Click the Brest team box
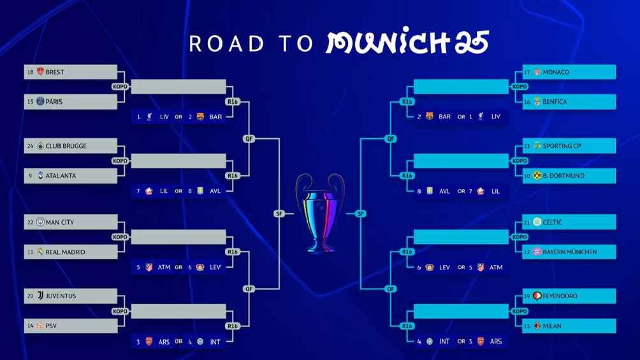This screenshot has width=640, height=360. pyautogui.click(x=71, y=72)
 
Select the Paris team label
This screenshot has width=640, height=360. pyautogui.click(x=71, y=101)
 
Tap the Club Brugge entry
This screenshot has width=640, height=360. pyautogui.click(x=71, y=146)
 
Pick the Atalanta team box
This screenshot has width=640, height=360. pyautogui.click(x=71, y=175)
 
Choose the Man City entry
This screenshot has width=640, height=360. pyautogui.click(x=71, y=222)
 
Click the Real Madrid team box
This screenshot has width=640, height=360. pyautogui.click(x=71, y=252)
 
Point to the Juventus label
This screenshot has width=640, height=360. pyautogui.click(x=71, y=296)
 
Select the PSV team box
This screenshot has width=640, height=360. pyautogui.click(x=71, y=326)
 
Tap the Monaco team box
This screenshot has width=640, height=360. pyautogui.click(x=569, y=72)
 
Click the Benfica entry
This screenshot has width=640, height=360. pyautogui.click(x=569, y=101)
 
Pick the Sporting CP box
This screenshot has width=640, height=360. pyautogui.click(x=569, y=146)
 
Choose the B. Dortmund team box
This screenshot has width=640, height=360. pyautogui.click(x=569, y=175)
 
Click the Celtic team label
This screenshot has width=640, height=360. pyautogui.click(x=569, y=222)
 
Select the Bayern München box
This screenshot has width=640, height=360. pyautogui.click(x=569, y=252)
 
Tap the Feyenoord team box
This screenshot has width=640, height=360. pyautogui.click(x=569, y=296)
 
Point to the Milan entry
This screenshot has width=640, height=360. pyautogui.click(x=569, y=326)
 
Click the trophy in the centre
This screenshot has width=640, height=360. pyautogui.click(x=319, y=213)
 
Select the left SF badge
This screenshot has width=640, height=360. pyautogui.click(x=279, y=213)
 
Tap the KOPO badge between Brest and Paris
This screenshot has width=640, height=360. pyautogui.click(x=120, y=87)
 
